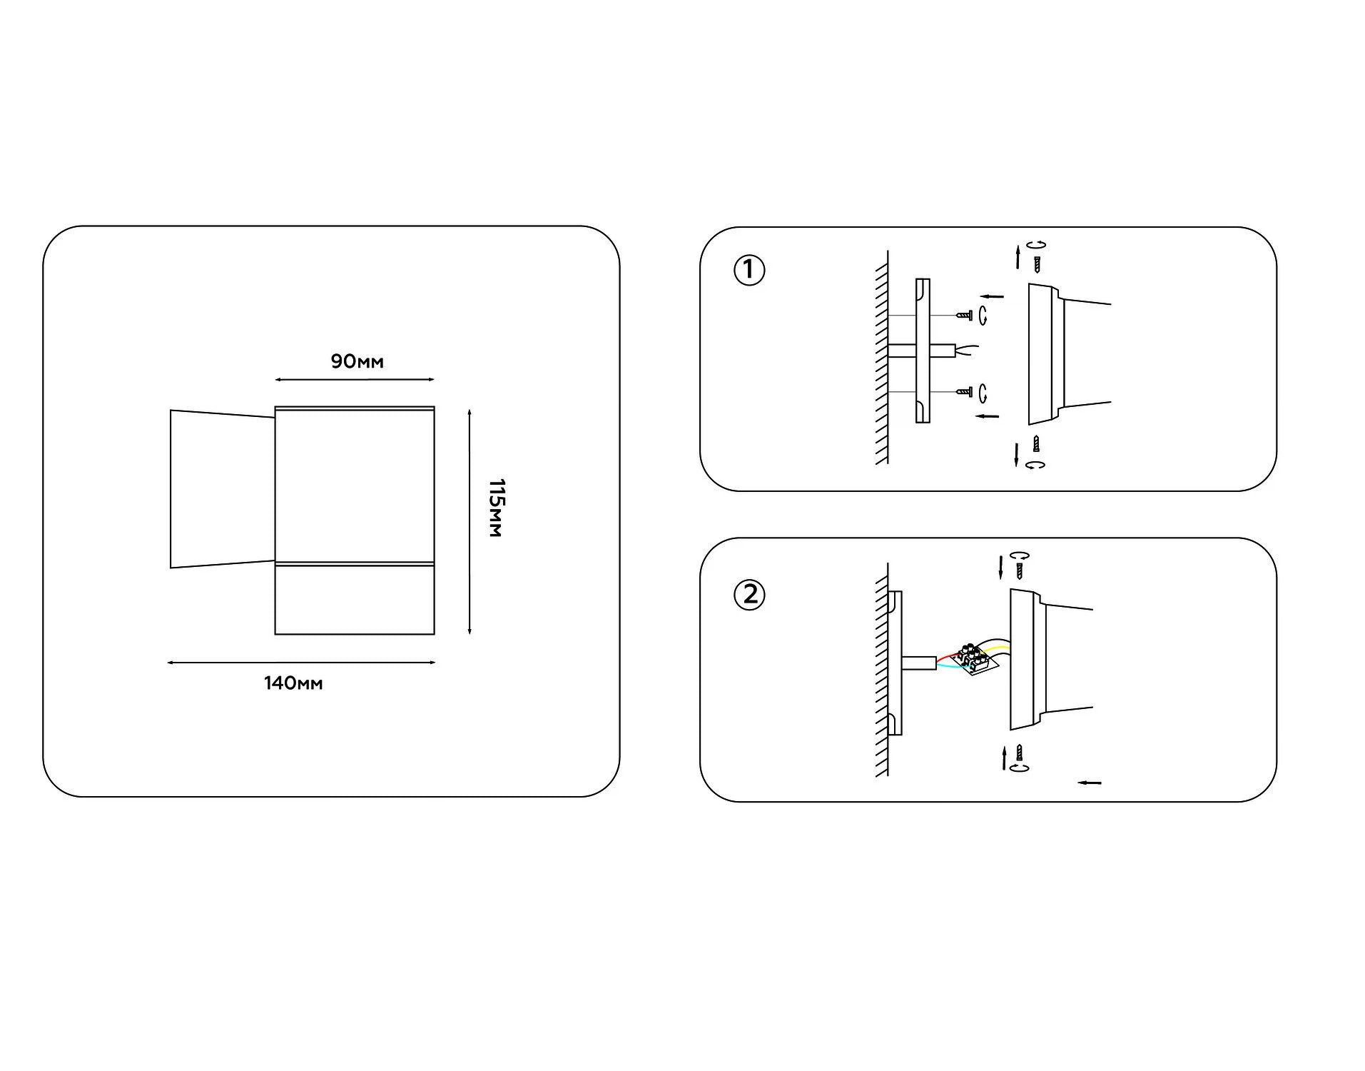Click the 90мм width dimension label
coord(357,361)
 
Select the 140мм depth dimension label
coord(293,683)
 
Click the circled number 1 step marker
coord(749,271)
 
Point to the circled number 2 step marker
coord(749,595)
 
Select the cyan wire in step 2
coord(949,667)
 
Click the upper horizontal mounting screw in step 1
coord(965,314)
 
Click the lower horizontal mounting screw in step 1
coord(965,392)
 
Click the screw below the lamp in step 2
coord(1020,753)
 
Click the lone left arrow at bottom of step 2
coord(1090,783)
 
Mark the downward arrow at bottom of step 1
coord(1016,455)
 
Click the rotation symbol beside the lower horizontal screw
coord(983,393)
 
